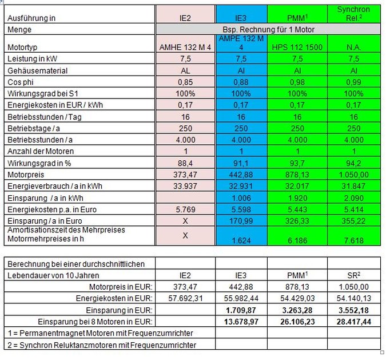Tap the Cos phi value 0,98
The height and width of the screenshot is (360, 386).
pyautogui.click(x=297, y=82)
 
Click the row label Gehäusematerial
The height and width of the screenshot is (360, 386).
pyautogui.click(x=37, y=71)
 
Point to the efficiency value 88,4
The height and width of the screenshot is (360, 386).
pyautogui.click(x=185, y=163)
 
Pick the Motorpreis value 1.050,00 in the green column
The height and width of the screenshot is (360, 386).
pyautogui.click(x=354, y=175)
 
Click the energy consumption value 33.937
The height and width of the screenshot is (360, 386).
pyautogui.click(x=185, y=186)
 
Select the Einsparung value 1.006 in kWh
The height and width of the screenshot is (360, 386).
pyautogui.click(x=241, y=198)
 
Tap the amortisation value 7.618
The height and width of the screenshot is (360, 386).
pyautogui.click(x=354, y=240)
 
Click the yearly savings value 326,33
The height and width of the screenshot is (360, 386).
pyautogui.click(x=297, y=221)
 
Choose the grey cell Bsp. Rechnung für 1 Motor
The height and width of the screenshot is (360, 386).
pyautogui.click(x=268, y=30)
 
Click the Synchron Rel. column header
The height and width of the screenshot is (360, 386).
pyautogui.click(x=353, y=14)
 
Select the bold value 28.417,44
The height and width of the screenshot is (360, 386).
pyautogui.click(x=354, y=322)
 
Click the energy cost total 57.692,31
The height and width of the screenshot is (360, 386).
pyautogui.click(x=185, y=298)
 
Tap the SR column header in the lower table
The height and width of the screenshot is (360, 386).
pyautogui.click(x=354, y=275)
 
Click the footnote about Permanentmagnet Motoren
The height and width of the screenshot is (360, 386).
pyautogui.click(x=101, y=333)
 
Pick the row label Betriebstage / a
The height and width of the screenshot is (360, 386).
pyautogui.click(x=34, y=128)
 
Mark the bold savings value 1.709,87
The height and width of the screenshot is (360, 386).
pyautogui.click(x=241, y=310)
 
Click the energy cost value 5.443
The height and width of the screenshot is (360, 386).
pyautogui.click(x=297, y=209)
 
